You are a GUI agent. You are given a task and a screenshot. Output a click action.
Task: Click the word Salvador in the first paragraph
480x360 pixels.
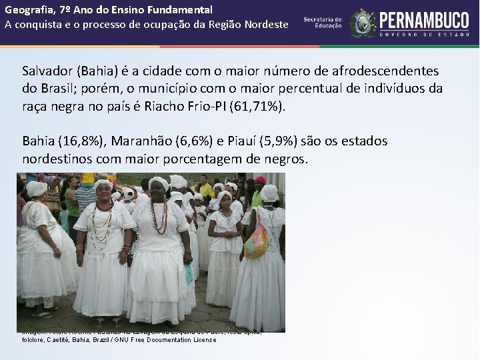pos(48,71)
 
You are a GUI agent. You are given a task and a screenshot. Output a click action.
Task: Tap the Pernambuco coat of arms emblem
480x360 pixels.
pos(363,23)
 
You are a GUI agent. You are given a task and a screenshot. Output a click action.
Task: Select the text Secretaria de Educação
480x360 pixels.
pos(323,23)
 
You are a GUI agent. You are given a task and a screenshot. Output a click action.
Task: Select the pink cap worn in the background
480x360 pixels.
pos(260,179)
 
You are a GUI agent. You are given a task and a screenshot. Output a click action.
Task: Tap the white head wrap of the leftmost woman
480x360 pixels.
pos(37,188)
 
